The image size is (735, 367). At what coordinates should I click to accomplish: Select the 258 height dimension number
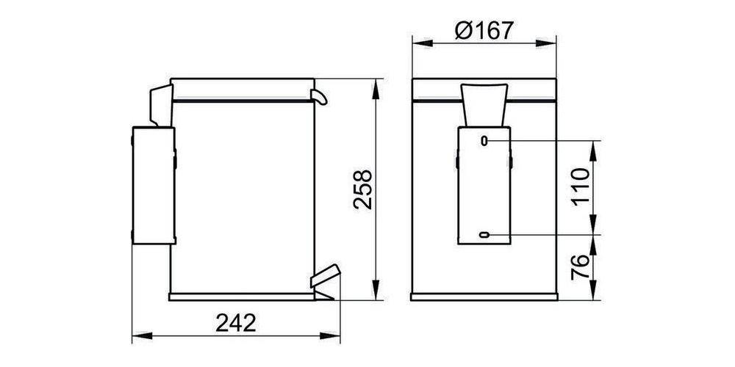point(363,190)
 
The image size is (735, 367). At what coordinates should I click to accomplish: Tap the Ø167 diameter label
point(484,31)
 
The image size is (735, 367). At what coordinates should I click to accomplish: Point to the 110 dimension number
point(581,187)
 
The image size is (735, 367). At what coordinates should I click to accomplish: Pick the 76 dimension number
point(581,269)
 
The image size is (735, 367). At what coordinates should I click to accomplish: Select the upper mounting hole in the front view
point(484,139)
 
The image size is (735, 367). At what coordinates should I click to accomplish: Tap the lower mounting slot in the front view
point(484,235)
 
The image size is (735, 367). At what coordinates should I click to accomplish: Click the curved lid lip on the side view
point(320,95)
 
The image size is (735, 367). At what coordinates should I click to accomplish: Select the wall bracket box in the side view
point(154,184)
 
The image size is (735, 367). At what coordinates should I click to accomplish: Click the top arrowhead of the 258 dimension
point(377,84)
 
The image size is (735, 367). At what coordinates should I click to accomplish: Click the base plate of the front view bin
point(484,297)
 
